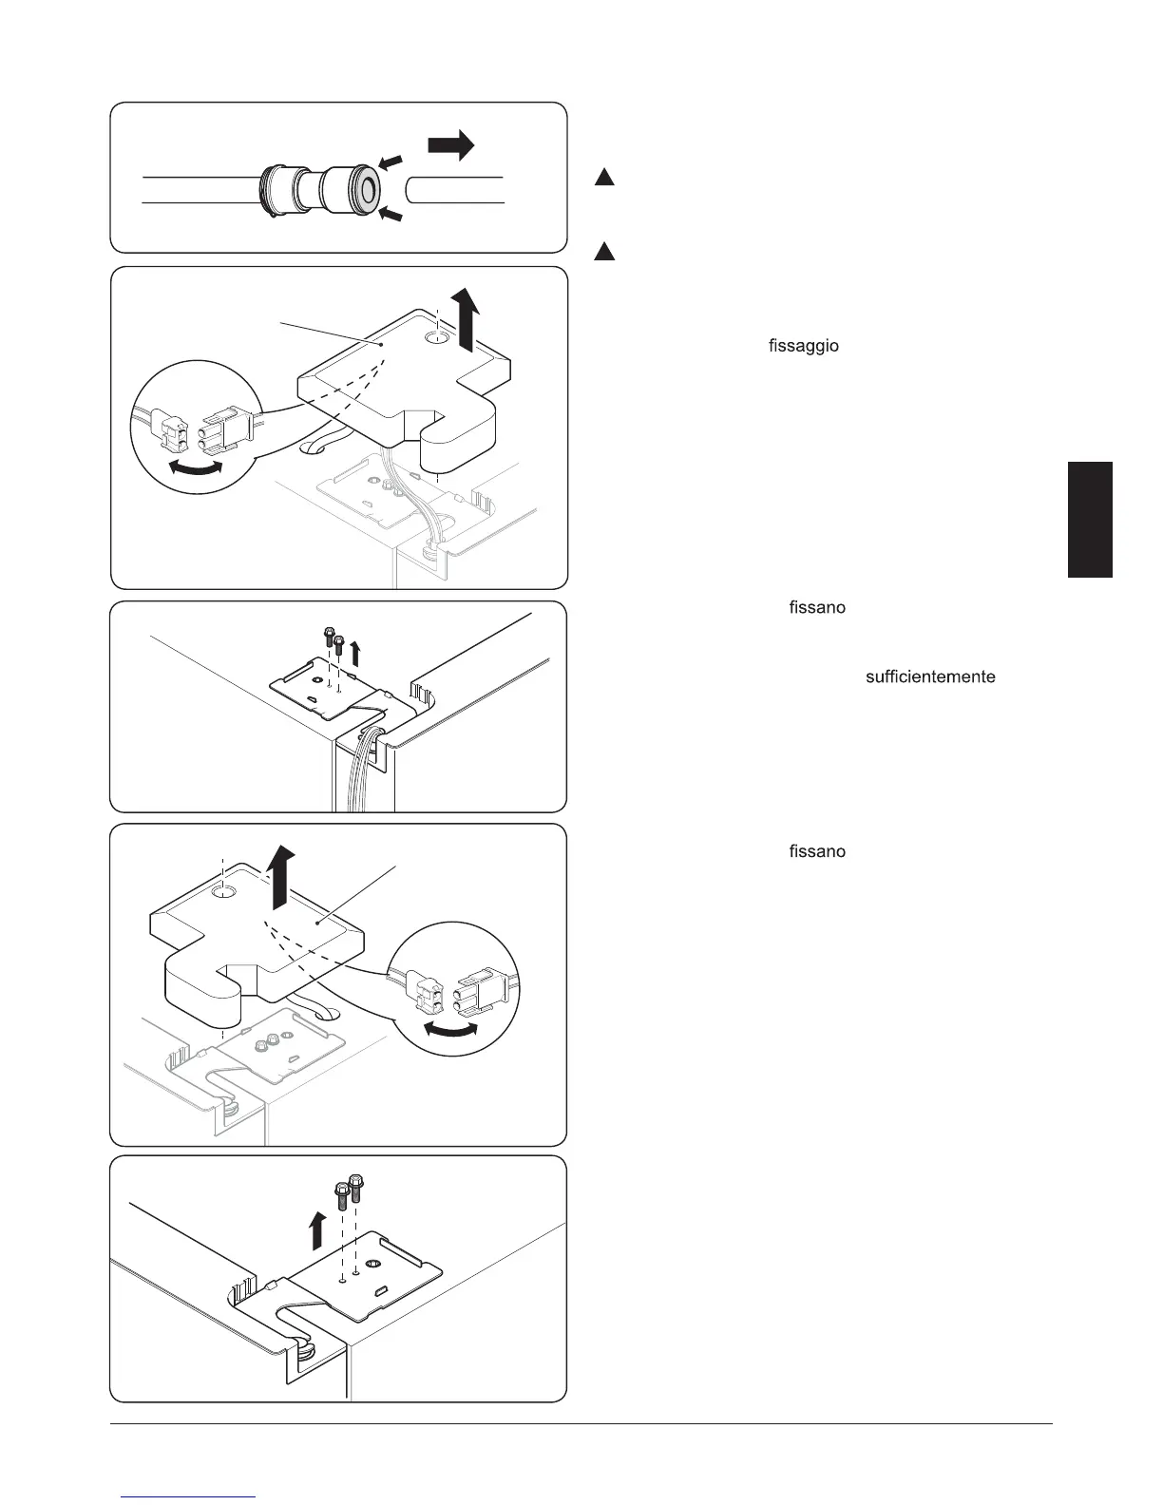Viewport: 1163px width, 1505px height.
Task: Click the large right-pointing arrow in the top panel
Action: pyautogui.click(x=451, y=145)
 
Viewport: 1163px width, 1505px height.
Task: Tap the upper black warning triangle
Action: pyautogui.click(x=605, y=176)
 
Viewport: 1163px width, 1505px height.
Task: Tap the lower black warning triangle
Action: pyautogui.click(x=605, y=252)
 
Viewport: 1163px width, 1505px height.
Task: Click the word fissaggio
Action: pyautogui.click(x=803, y=346)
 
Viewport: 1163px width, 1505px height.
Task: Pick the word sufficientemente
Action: pyautogui.click(x=930, y=676)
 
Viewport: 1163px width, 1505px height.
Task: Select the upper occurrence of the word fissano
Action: pyautogui.click(x=817, y=607)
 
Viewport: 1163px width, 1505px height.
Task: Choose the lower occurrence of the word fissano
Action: pyautogui.click(x=817, y=851)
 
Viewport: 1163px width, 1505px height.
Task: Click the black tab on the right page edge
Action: pyautogui.click(x=1090, y=519)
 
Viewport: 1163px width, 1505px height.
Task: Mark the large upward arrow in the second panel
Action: pyautogui.click(x=467, y=321)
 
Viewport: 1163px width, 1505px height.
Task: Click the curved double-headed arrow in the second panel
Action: pyautogui.click(x=195, y=467)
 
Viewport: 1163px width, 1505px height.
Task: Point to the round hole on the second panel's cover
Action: pyautogui.click(x=437, y=337)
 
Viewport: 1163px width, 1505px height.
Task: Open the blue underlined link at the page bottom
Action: pyautogui.click(x=190, y=1496)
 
